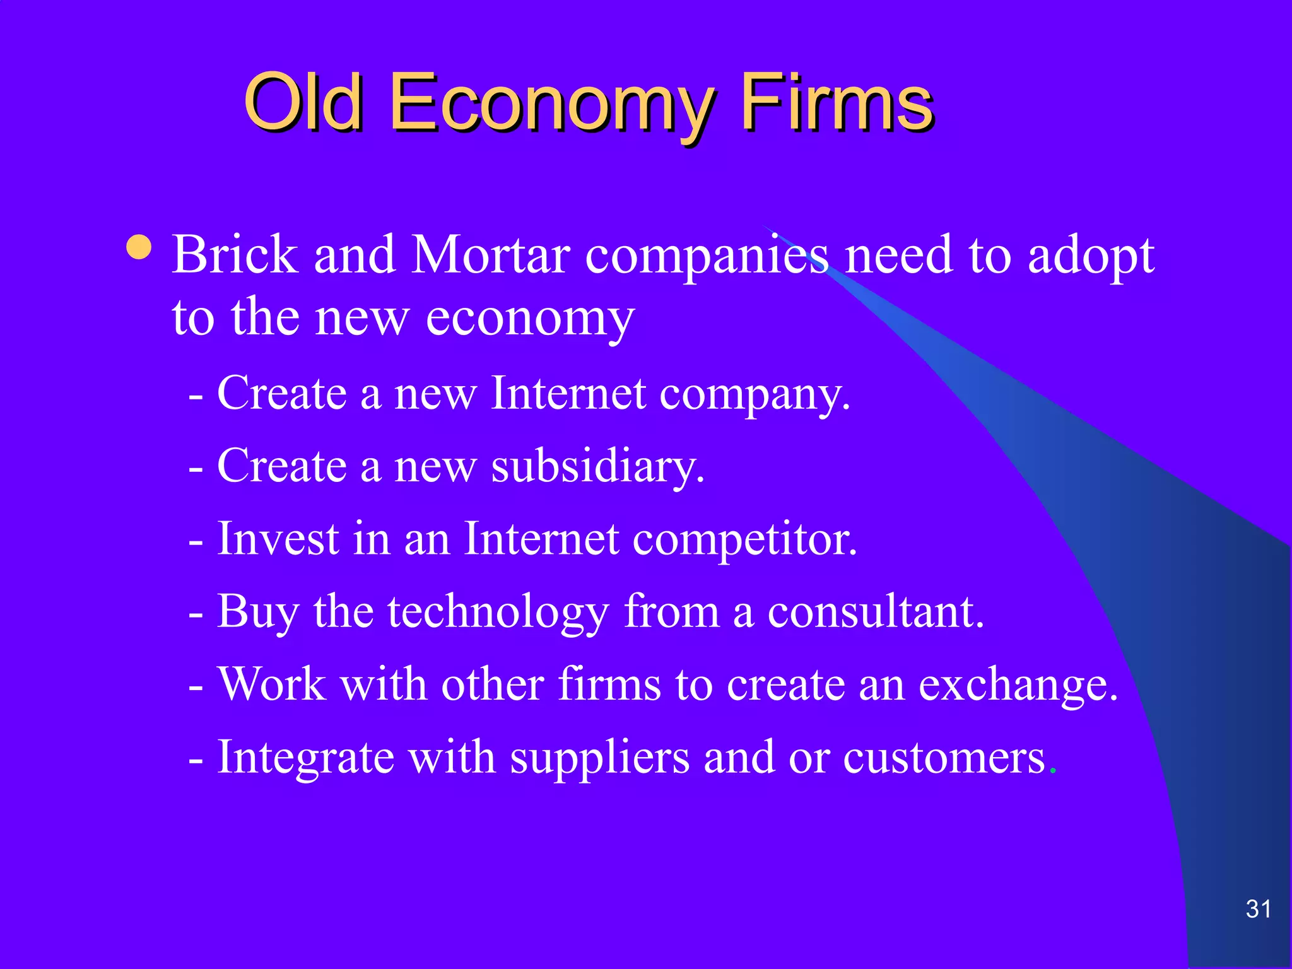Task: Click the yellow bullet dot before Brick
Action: point(139,247)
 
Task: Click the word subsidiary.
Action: point(597,467)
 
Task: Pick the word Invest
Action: point(278,539)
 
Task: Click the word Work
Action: point(272,684)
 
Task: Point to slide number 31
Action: point(1258,909)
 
